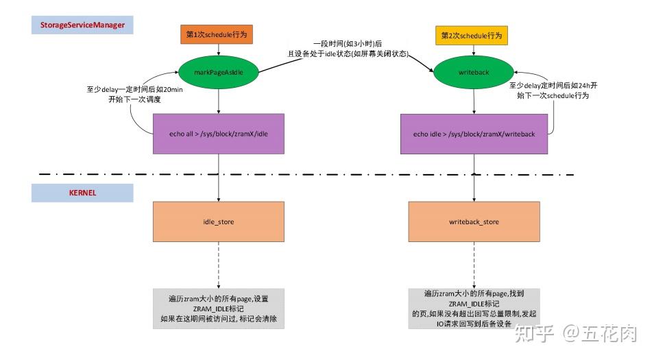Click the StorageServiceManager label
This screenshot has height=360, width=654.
coord(82,26)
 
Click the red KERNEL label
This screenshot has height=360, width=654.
coord(82,193)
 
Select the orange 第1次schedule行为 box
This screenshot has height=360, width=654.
coord(217,36)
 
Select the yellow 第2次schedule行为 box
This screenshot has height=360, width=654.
coord(472,36)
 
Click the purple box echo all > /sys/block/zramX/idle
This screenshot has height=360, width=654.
coord(218,134)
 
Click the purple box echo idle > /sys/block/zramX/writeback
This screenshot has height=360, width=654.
coord(474,134)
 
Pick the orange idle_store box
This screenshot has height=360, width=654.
coord(218,221)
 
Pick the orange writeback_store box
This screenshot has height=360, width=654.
coord(474,221)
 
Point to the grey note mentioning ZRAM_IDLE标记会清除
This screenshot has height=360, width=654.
coord(219,309)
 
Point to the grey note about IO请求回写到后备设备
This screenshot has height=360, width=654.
coord(474,309)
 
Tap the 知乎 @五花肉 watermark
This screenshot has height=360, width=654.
coord(575,334)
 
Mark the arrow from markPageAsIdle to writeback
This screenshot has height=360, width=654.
coord(343,60)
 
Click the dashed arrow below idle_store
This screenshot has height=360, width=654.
coord(218,264)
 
